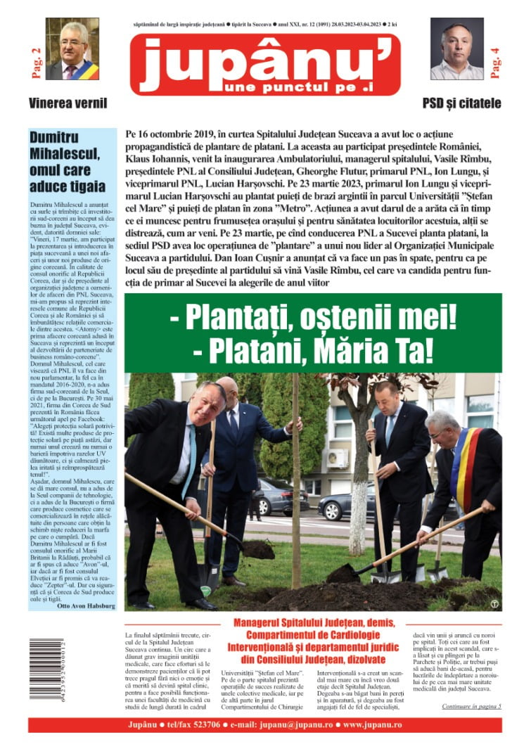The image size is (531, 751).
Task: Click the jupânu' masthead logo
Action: [265, 64]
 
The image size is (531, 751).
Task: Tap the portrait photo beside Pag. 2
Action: [72, 49]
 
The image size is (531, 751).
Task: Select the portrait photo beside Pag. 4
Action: [456, 49]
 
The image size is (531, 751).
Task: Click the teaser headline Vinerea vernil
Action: [68, 103]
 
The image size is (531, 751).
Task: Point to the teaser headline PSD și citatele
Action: [461, 103]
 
